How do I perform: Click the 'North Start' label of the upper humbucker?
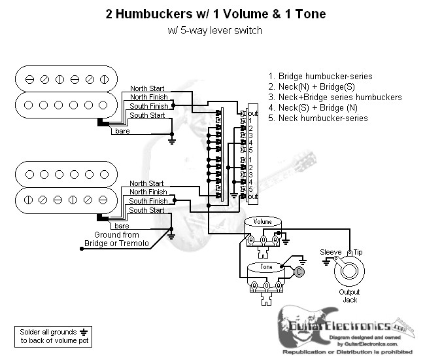(x=147, y=88)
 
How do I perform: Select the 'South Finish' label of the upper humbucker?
(x=148, y=106)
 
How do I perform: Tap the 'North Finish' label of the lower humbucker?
(x=148, y=192)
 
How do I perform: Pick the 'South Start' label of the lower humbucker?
(x=147, y=210)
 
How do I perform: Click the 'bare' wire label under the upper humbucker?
(x=122, y=132)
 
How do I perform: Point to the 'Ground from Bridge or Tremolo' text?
(x=116, y=239)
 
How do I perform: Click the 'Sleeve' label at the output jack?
(x=331, y=252)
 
